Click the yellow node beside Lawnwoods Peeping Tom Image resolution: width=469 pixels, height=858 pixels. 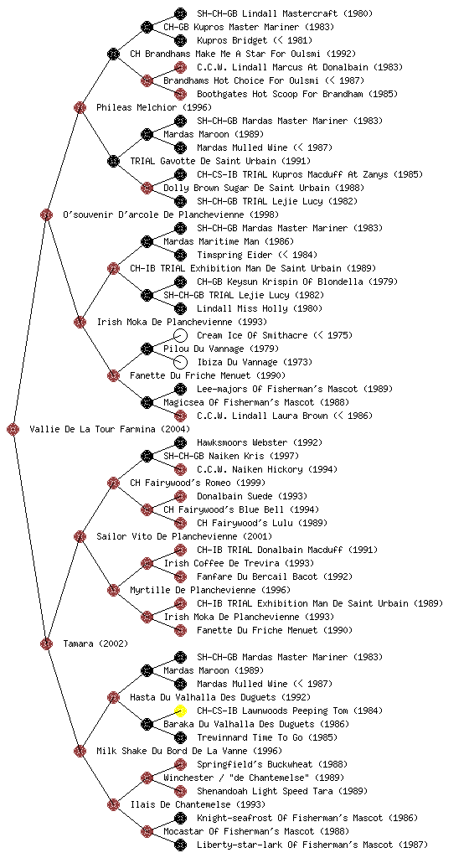(x=180, y=711)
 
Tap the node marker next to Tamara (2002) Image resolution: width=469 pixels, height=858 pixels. (x=46, y=643)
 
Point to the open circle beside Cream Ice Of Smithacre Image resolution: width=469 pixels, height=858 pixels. (x=180, y=335)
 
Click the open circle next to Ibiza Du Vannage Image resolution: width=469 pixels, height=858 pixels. (x=180, y=362)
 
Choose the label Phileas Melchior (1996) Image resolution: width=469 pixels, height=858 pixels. (x=147, y=107)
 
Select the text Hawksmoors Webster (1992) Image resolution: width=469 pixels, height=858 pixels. (x=260, y=442)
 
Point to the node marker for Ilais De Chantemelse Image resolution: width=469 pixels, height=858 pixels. (x=113, y=804)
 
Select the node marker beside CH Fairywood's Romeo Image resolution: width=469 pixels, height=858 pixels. (x=113, y=483)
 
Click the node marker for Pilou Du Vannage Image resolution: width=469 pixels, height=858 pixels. (x=147, y=349)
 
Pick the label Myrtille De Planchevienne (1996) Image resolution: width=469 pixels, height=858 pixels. (x=210, y=590)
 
